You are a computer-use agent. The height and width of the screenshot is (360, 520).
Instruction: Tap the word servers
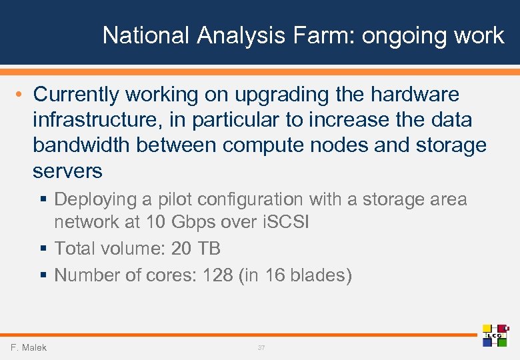(67, 171)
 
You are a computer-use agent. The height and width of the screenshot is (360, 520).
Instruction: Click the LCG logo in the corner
(495, 335)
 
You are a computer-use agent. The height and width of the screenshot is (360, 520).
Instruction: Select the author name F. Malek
(29, 347)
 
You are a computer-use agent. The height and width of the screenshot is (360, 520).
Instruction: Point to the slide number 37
(261, 348)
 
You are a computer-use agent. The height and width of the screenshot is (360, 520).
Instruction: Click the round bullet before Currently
(19, 95)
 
